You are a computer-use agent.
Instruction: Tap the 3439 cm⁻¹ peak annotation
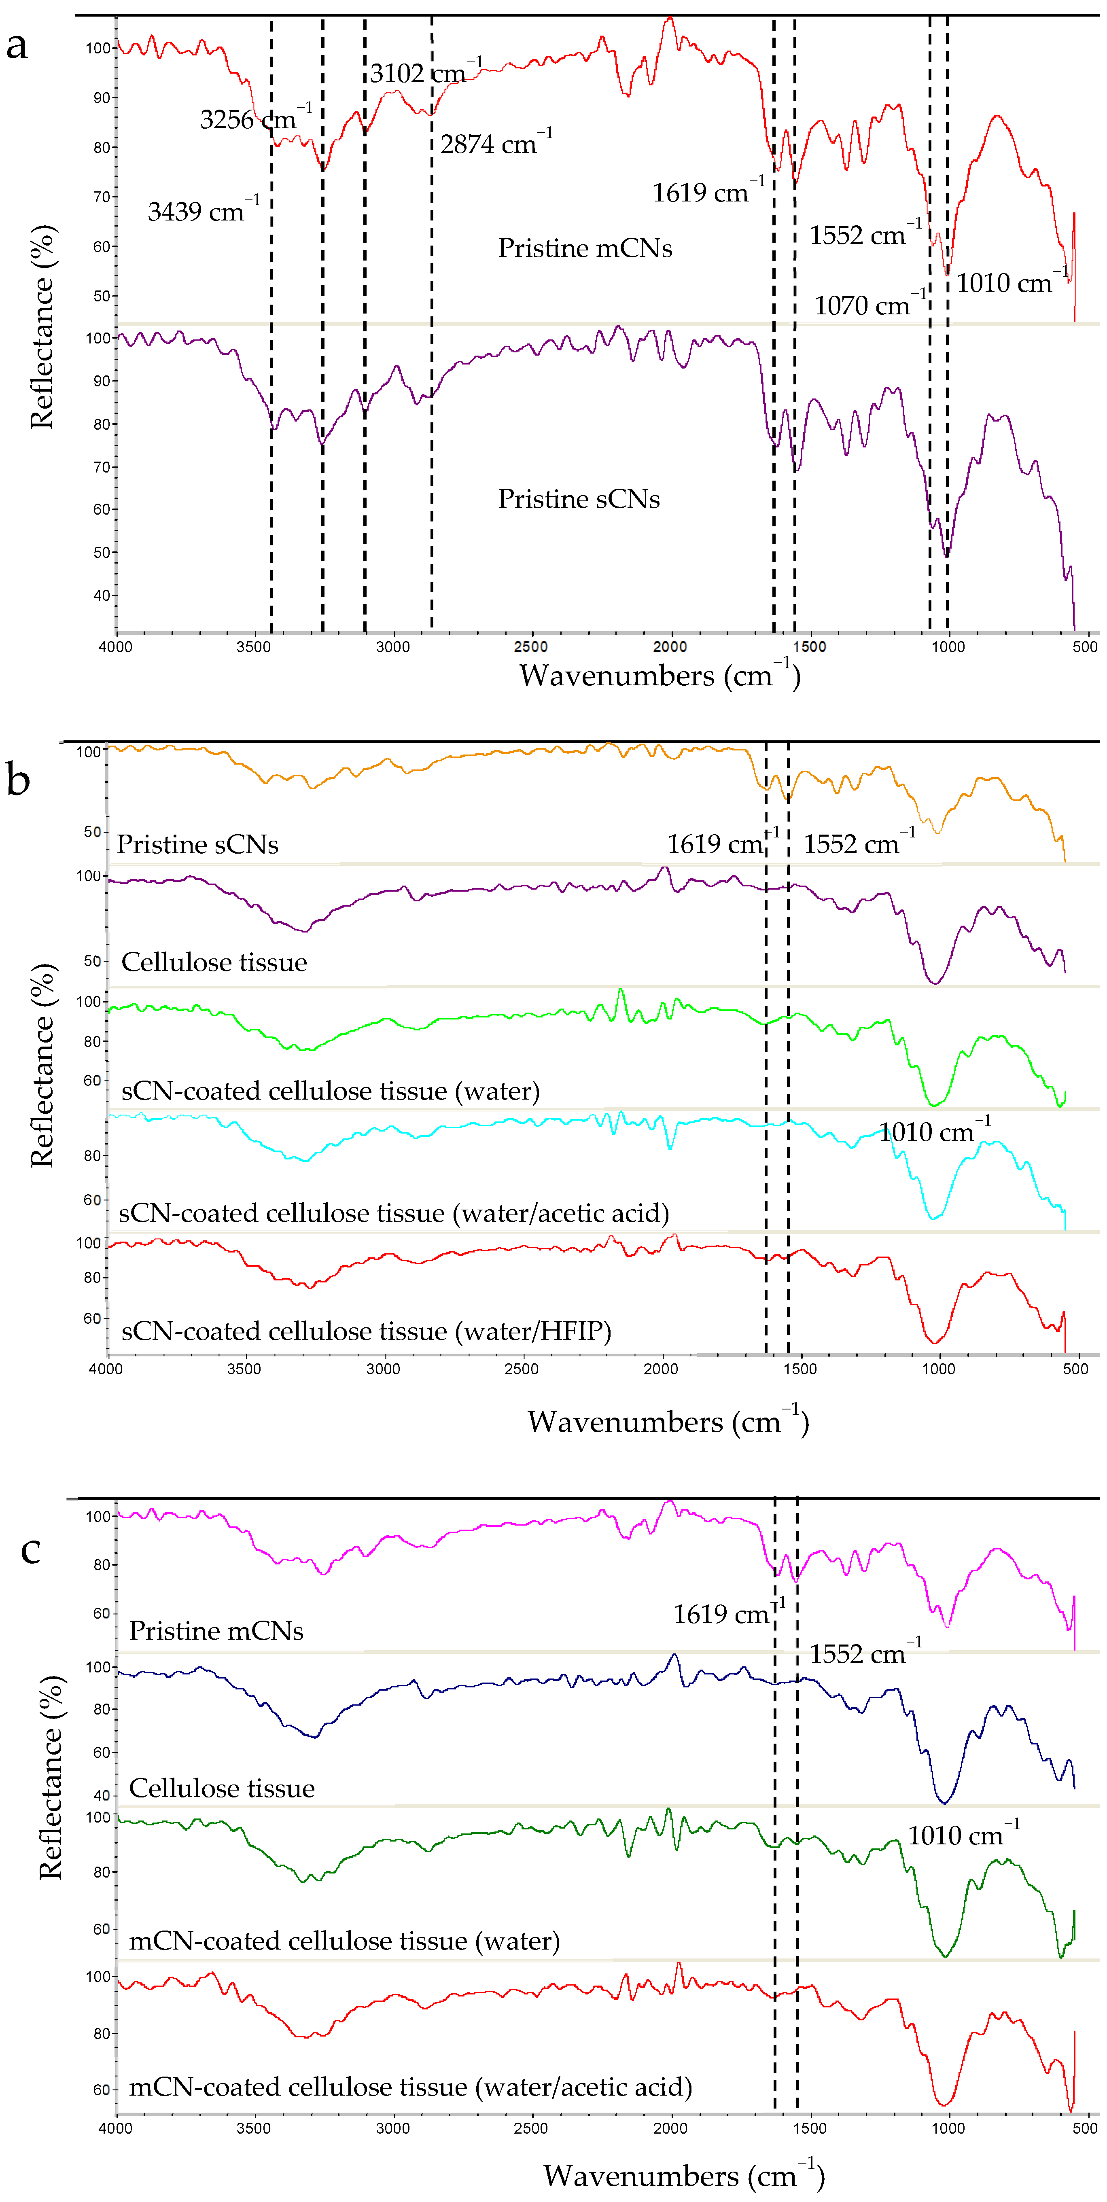[x=204, y=210]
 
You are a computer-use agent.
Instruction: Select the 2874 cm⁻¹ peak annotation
[x=496, y=143]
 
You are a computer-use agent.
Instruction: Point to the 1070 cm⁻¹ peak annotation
[x=869, y=304]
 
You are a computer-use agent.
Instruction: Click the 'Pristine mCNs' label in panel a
[x=585, y=248]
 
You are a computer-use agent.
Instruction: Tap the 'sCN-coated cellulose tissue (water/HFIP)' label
[x=366, y=1331]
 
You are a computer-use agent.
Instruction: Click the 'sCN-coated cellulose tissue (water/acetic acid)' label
[x=393, y=1213]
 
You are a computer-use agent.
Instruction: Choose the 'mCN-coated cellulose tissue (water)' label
[x=344, y=1940]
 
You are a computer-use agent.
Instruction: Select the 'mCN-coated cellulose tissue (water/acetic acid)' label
[x=410, y=2087]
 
